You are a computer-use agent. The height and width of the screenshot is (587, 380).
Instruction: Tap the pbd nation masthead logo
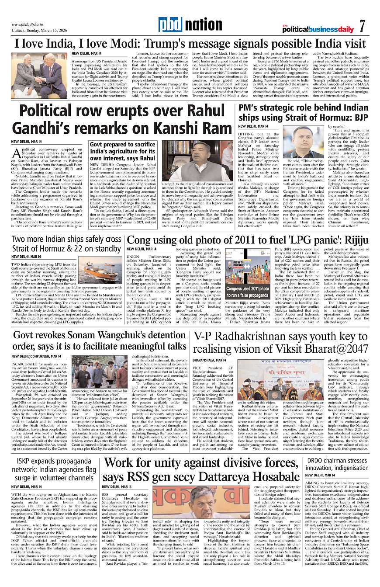pos(188,25)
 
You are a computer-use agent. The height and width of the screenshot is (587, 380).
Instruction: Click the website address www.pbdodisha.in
pos(30,24)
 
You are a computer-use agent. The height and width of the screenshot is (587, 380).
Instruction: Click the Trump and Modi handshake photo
pos(40,69)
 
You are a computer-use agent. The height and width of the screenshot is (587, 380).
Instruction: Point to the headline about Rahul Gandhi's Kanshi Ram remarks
pos(121,120)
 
